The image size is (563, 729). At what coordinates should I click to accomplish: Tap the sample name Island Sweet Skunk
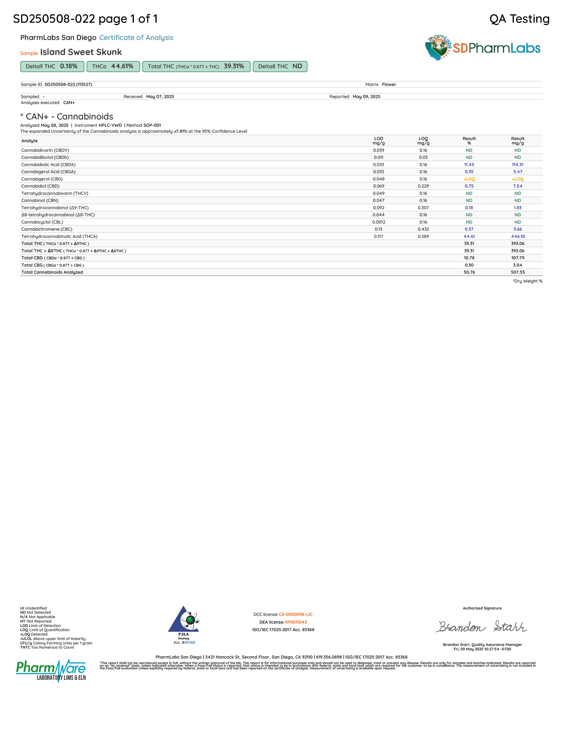81,52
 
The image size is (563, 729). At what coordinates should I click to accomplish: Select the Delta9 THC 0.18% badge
52,66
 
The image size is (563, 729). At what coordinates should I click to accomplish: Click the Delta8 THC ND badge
280,66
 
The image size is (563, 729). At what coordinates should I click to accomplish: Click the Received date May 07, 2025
160,97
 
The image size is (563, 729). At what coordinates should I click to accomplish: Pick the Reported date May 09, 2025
366,97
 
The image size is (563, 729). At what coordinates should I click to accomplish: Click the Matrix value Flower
389,84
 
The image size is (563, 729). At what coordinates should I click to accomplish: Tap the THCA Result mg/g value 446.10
518,236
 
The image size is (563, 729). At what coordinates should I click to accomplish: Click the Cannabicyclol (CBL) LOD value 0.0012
379,222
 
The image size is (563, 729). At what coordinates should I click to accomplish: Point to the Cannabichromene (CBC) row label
47,229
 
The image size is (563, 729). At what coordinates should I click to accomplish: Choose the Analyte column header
29,141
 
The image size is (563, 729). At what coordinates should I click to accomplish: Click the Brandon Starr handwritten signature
482,627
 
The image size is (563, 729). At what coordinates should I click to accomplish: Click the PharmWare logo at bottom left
51,670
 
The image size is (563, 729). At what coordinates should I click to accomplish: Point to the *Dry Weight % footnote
527,281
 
